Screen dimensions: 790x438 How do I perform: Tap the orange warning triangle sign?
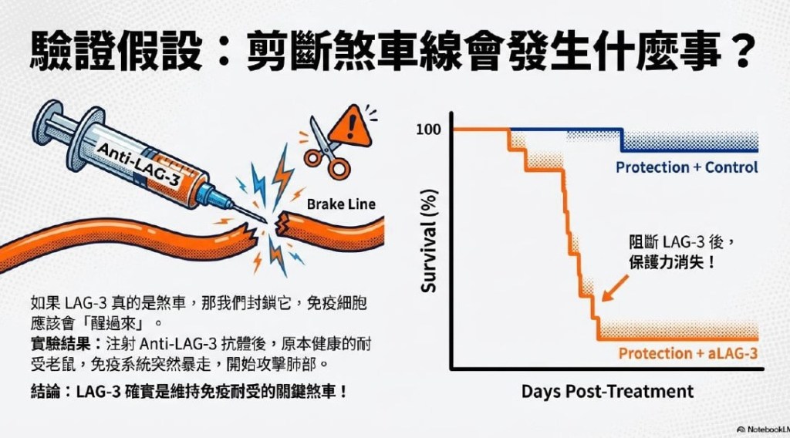(351, 126)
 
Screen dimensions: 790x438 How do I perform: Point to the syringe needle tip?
(265, 221)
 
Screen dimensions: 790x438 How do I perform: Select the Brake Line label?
(340, 204)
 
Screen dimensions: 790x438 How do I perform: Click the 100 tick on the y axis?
(428, 130)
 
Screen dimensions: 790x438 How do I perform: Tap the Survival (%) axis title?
(428, 241)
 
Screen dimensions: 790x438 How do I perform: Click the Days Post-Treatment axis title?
(607, 391)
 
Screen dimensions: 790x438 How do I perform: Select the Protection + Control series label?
(687, 167)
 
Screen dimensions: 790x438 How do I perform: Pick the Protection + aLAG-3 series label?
(687, 353)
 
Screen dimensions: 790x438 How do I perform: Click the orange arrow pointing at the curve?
(615, 288)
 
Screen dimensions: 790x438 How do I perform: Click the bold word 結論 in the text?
(46, 391)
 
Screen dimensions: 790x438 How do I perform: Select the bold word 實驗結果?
(60, 344)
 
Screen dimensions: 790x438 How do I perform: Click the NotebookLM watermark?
(762, 430)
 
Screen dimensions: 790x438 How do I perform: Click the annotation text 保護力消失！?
(672, 262)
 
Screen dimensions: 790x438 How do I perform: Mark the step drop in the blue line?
(622, 140)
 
